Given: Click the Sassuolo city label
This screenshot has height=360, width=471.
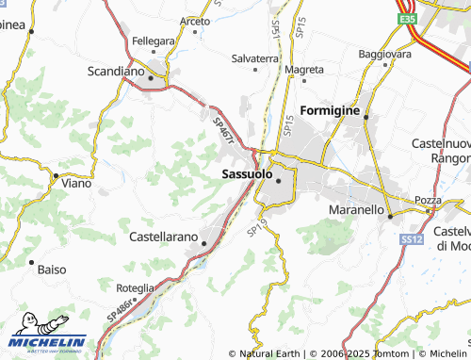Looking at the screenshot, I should tap(247, 173).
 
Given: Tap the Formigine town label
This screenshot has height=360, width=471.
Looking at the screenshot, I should tap(329, 111).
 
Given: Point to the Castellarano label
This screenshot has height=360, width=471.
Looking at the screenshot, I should tap(163, 236).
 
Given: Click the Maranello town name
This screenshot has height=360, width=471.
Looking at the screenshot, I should tap(355, 208).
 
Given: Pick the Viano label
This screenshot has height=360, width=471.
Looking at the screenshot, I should tap(76, 183).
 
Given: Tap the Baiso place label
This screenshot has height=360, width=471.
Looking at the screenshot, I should tap(51, 270).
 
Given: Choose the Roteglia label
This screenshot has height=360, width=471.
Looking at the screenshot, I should tap(135, 287).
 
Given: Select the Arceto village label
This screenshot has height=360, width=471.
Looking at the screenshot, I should tap(195, 21).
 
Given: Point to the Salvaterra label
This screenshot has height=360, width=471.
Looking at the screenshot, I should tap(255, 57).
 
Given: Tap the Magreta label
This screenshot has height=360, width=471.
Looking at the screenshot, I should tap(304, 70).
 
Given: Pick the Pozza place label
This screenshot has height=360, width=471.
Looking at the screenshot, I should tap(429, 201).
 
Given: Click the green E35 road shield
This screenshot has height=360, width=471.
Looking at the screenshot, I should tap(407, 18).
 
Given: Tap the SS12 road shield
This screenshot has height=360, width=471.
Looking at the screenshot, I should tap(410, 240).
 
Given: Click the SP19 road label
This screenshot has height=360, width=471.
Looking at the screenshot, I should tap(255, 229).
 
